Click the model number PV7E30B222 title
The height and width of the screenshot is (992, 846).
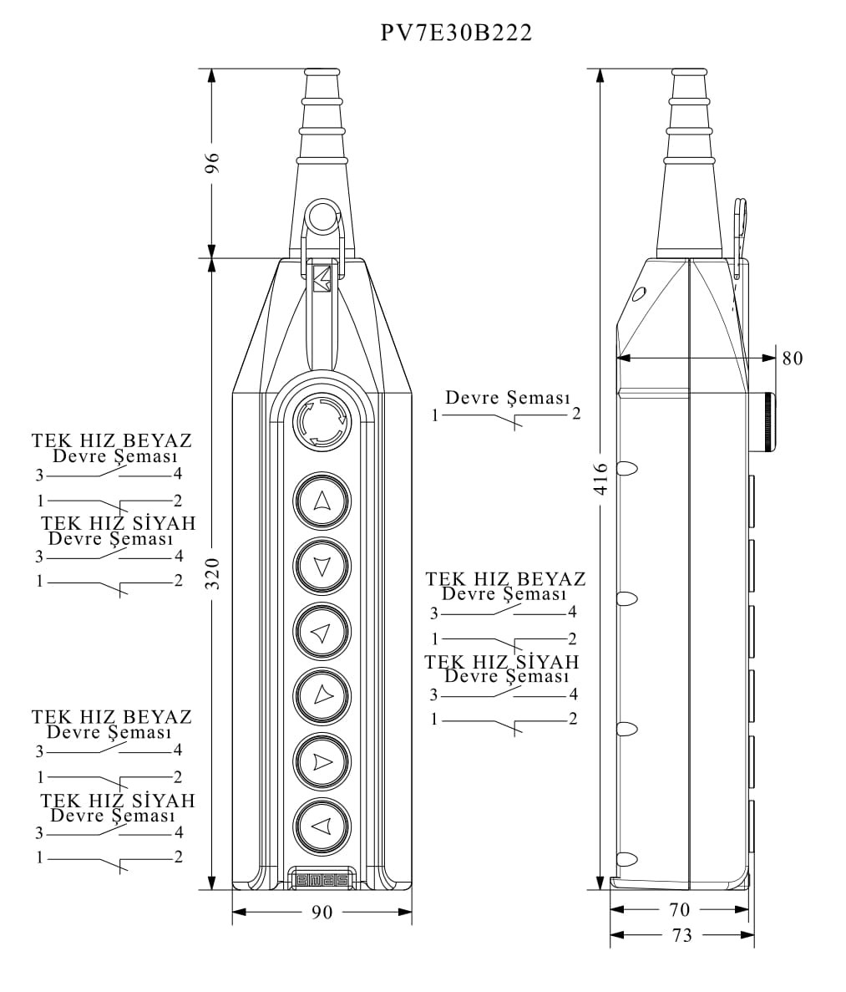(456, 33)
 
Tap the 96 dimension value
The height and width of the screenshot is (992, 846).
(212, 162)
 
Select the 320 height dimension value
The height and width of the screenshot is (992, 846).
(212, 573)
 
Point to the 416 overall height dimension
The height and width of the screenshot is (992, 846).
(600, 479)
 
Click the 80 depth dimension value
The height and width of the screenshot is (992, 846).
(792, 358)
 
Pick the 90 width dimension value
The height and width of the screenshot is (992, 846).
(322, 912)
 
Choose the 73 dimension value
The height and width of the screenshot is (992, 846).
(682, 935)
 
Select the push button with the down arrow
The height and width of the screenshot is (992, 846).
(322, 567)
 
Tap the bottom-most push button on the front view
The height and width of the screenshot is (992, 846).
(322, 827)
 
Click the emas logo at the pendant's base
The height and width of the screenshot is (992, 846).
(322, 879)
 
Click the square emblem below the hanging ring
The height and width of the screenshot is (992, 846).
(322, 278)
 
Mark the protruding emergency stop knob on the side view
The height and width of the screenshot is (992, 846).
(766, 422)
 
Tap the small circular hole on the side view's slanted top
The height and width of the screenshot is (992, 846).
(639, 293)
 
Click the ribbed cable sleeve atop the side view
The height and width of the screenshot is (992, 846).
(689, 125)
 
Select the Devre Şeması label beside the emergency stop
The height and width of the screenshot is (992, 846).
(507, 398)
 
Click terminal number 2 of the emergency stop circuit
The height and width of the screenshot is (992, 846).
(576, 414)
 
